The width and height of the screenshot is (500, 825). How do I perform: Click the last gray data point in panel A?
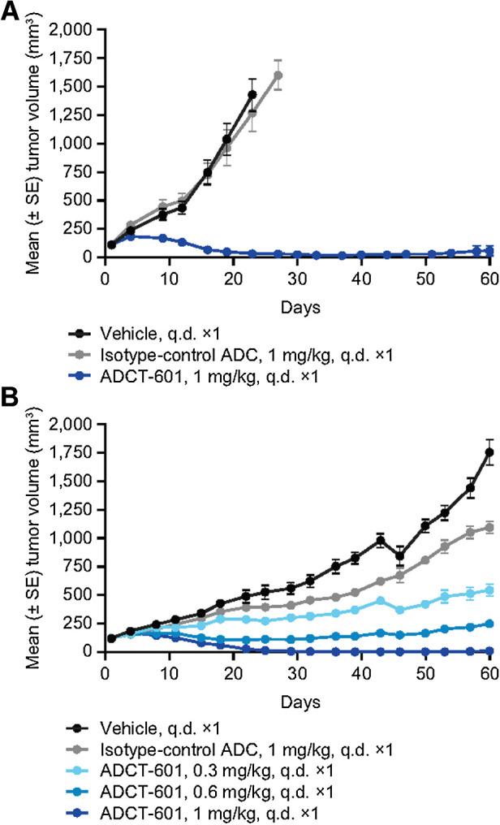tap(278, 76)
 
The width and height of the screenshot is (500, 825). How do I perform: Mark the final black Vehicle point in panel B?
tap(489, 452)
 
